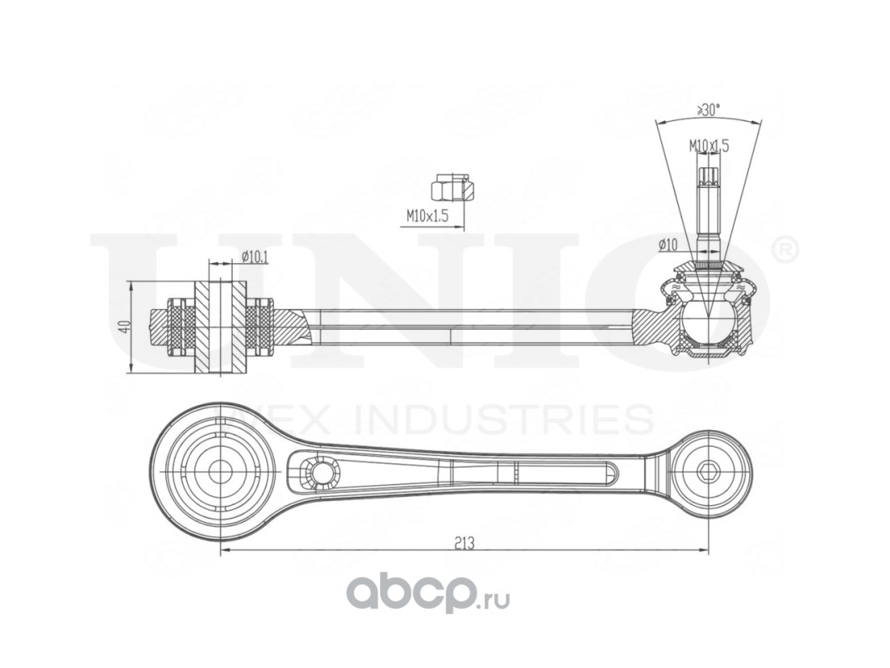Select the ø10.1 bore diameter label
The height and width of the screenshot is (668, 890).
253,257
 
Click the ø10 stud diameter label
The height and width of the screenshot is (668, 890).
667,245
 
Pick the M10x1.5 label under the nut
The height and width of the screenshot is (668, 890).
427,215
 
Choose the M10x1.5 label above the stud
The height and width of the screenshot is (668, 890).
709,145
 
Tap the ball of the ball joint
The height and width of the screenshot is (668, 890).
707,322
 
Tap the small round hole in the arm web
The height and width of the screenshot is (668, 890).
318,472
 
